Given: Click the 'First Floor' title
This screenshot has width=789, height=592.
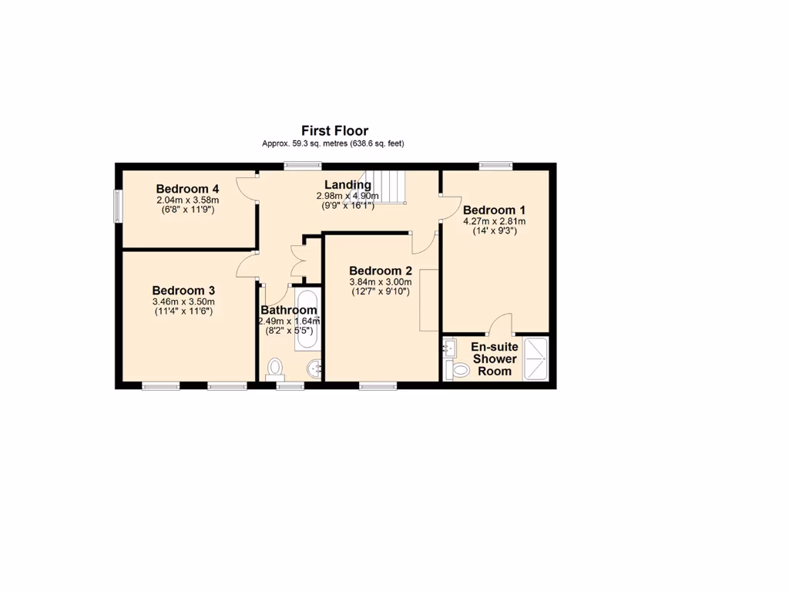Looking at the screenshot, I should tap(334, 131).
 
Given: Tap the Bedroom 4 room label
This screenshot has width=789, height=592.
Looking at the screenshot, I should tap(188, 189).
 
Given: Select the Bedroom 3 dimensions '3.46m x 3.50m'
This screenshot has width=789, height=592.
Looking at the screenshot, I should tap(183, 301).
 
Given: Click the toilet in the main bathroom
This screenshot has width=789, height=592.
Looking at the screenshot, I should tap(274, 369).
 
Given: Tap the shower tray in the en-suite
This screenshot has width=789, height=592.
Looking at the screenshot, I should tap(536, 358).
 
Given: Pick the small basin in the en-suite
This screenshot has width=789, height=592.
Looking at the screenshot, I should tap(449, 349).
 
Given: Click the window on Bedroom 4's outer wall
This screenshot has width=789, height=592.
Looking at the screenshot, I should tap(119, 206).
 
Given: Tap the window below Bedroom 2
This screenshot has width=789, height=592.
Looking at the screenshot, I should tap(378, 385).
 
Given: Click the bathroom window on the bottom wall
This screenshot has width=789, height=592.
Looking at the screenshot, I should tap(290, 385).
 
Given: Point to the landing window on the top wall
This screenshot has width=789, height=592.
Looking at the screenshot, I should tap(302, 165).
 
